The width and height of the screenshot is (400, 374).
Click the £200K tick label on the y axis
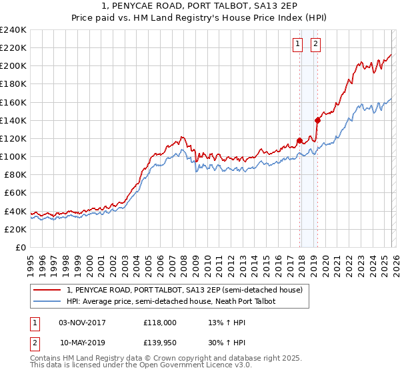(13, 66)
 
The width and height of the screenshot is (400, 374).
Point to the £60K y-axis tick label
(15, 193)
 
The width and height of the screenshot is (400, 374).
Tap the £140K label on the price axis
(13, 120)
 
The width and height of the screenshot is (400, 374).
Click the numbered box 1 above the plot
(297, 45)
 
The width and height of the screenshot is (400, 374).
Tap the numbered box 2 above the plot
(315, 45)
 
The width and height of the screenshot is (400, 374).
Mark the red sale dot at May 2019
(317, 120)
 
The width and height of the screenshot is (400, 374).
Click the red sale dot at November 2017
(300, 140)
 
